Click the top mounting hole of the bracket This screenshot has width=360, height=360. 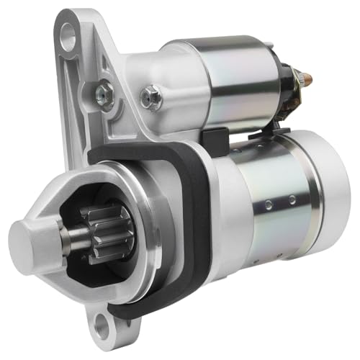pyautogui.click(x=67, y=32)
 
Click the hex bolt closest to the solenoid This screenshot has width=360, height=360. pyautogui.click(x=150, y=96)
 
